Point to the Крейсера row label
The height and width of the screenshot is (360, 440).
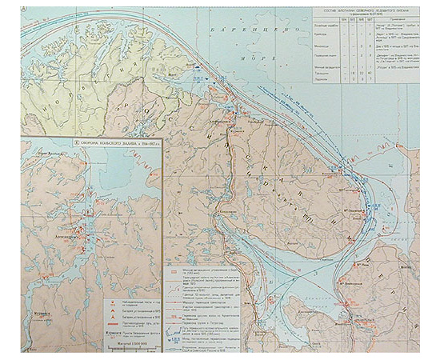coord(320,34)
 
